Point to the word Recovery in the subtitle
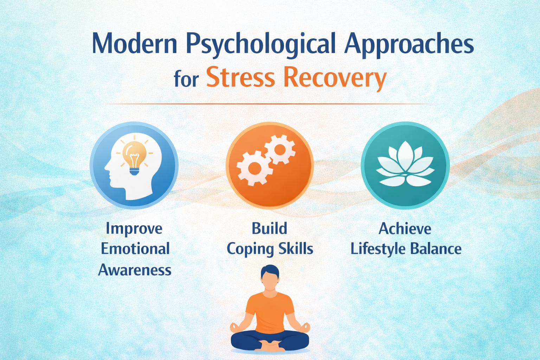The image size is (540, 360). coord(335,78)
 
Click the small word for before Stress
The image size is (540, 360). coord(186,79)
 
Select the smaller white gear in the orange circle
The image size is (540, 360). coord(280,149)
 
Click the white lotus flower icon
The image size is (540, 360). coord(405,165)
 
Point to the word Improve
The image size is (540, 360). coord(134,229)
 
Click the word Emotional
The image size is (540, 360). coord(135,249)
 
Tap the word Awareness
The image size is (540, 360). coord(135,270)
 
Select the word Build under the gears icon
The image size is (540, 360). coord(269,229)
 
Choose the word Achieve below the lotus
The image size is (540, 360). coord(405,229)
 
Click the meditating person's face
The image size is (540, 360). coord(270,281)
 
